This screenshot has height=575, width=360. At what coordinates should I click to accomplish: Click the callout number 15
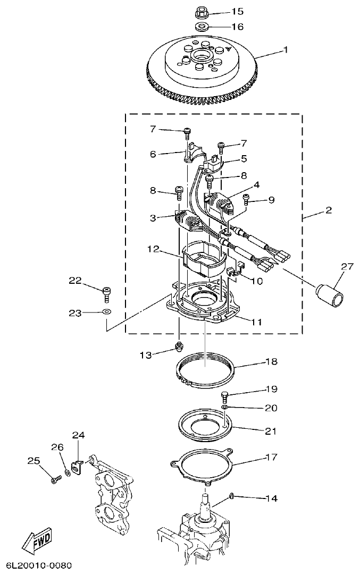(x=237, y=11)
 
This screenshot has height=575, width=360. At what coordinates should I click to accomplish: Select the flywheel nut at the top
(x=202, y=10)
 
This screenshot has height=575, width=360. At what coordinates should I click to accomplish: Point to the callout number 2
(x=329, y=211)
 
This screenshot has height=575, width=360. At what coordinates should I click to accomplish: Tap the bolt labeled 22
(x=106, y=291)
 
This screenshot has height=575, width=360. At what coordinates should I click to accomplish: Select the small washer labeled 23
(x=106, y=313)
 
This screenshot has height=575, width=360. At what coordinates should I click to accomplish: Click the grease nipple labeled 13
(x=179, y=349)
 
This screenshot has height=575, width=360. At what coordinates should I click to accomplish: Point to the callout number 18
(x=271, y=361)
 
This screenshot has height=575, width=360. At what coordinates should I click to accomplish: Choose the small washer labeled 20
(x=225, y=407)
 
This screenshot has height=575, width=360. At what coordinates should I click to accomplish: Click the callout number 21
(x=271, y=430)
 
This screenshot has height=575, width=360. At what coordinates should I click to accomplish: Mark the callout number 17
(x=271, y=457)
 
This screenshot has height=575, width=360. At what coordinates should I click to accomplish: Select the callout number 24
(x=79, y=435)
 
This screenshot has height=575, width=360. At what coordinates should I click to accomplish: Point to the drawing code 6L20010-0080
(x=39, y=565)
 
